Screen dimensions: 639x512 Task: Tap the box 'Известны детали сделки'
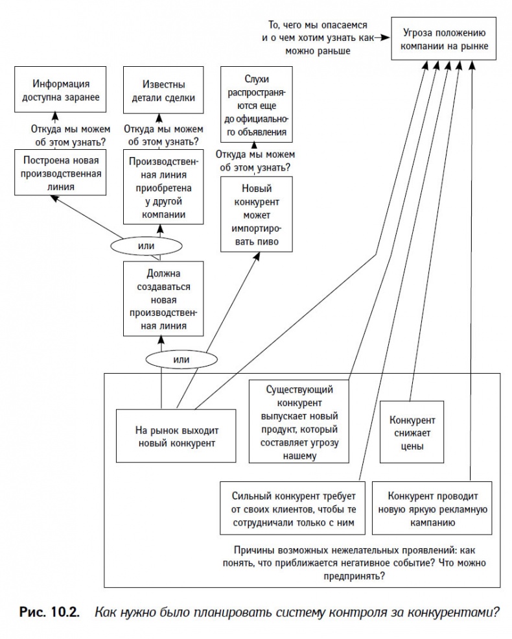159,91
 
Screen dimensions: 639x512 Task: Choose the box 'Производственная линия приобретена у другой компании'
159,187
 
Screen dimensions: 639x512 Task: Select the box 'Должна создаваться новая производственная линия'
163,298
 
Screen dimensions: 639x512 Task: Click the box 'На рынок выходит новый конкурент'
175,436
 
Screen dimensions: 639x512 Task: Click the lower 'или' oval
174,359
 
